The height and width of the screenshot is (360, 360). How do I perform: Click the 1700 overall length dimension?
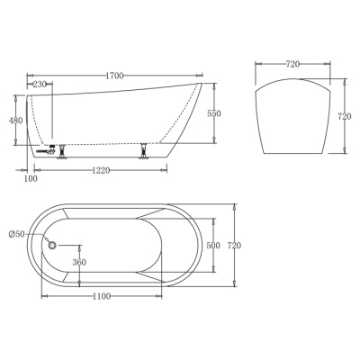coord(114,76)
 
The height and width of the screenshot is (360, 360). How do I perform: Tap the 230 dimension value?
coord(40,85)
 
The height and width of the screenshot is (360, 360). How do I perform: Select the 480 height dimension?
coord(15,121)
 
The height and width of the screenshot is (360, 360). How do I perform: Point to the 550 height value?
coord(214,113)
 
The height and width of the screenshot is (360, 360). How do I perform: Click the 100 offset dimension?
coord(31,179)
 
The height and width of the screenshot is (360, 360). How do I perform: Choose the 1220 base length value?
coord(101,171)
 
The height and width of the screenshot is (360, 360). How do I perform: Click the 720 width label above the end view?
coord(292,64)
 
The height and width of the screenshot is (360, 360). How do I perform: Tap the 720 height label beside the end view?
coord(345,116)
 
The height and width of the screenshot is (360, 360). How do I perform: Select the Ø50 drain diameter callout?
coord(17,234)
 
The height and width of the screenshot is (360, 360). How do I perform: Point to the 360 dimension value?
coord(79,262)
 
